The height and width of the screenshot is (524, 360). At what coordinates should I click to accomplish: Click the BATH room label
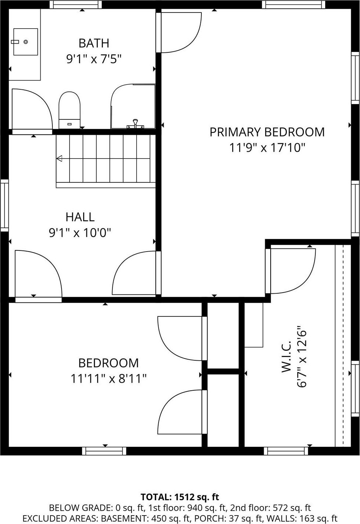(x=94, y=43)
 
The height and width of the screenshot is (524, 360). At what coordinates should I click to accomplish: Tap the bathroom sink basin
(x=26, y=42)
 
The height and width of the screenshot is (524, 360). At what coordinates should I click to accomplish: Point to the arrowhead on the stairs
(x=59, y=159)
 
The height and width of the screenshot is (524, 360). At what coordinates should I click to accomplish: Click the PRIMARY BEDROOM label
(x=267, y=132)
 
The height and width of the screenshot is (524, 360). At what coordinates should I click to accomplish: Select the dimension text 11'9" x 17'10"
(x=267, y=148)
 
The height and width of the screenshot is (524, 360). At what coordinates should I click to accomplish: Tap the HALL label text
(x=80, y=217)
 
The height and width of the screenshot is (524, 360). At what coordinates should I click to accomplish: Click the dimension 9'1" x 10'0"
(x=80, y=233)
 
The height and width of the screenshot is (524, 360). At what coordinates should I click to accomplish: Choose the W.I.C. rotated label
(x=286, y=357)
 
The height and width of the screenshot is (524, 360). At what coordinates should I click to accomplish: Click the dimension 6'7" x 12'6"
(x=301, y=357)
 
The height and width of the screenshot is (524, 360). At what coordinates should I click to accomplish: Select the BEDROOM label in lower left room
(x=108, y=363)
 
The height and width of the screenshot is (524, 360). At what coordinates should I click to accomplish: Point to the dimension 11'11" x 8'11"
(x=108, y=378)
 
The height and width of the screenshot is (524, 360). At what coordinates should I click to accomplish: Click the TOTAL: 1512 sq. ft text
(x=180, y=497)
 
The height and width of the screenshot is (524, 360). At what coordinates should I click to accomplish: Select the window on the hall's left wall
(x=4, y=205)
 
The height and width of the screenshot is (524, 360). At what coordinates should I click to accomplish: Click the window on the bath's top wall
(x=76, y=4)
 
